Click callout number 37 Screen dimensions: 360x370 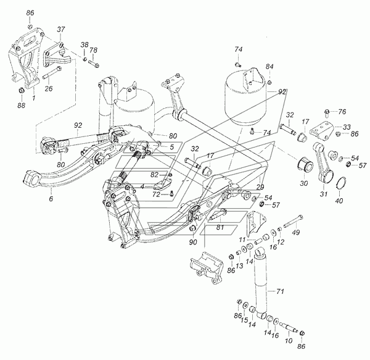(61, 30)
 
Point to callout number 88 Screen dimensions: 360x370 (21, 106)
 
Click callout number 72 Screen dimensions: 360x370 (157, 194)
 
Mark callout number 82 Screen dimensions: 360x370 (157, 175)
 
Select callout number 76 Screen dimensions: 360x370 (343, 112)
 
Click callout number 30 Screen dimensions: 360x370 (303, 184)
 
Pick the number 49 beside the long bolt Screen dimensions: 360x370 (313, 232)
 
